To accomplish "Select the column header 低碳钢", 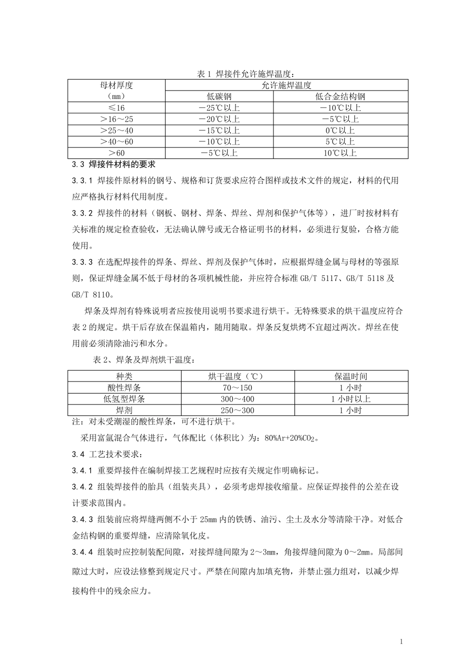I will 219,96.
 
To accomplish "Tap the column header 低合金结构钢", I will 340,96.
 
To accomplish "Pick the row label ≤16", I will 116,108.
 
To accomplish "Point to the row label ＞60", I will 116,153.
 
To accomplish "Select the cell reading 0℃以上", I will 340,130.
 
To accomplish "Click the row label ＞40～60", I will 116,142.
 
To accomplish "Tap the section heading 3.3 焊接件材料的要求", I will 114,164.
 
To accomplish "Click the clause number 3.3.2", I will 82,213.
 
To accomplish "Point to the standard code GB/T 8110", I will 93,294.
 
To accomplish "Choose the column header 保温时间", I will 351,376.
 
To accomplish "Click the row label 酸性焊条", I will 124,388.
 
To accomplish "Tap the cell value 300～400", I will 237,399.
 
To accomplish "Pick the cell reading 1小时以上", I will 351,399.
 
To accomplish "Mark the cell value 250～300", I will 237,410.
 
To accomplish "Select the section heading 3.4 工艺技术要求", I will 107,454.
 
